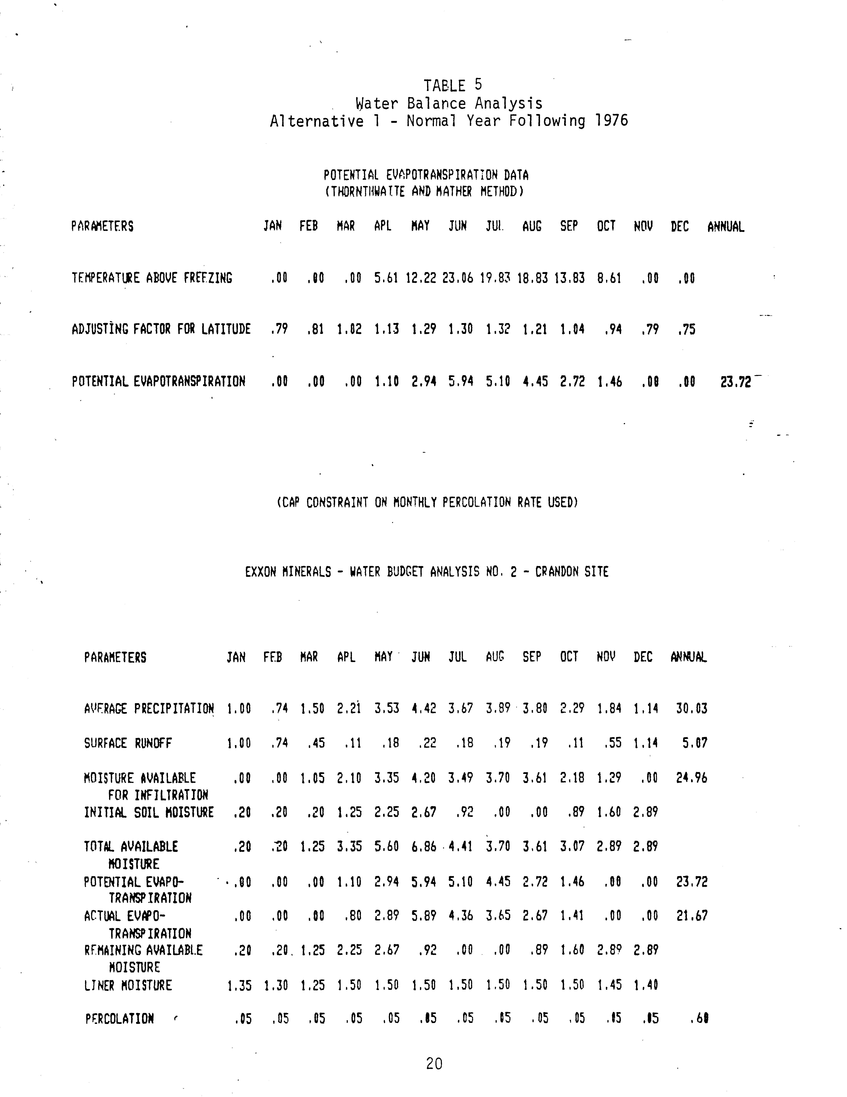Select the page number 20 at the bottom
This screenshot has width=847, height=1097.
(x=434, y=1063)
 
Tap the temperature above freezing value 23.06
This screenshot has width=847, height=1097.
(x=457, y=278)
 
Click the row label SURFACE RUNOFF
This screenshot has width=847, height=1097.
(x=128, y=743)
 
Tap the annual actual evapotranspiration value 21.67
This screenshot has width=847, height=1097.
(x=691, y=916)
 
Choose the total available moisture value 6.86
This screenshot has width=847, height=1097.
(x=424, y=847)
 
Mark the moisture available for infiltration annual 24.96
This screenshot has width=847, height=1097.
(x=691, y=778)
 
